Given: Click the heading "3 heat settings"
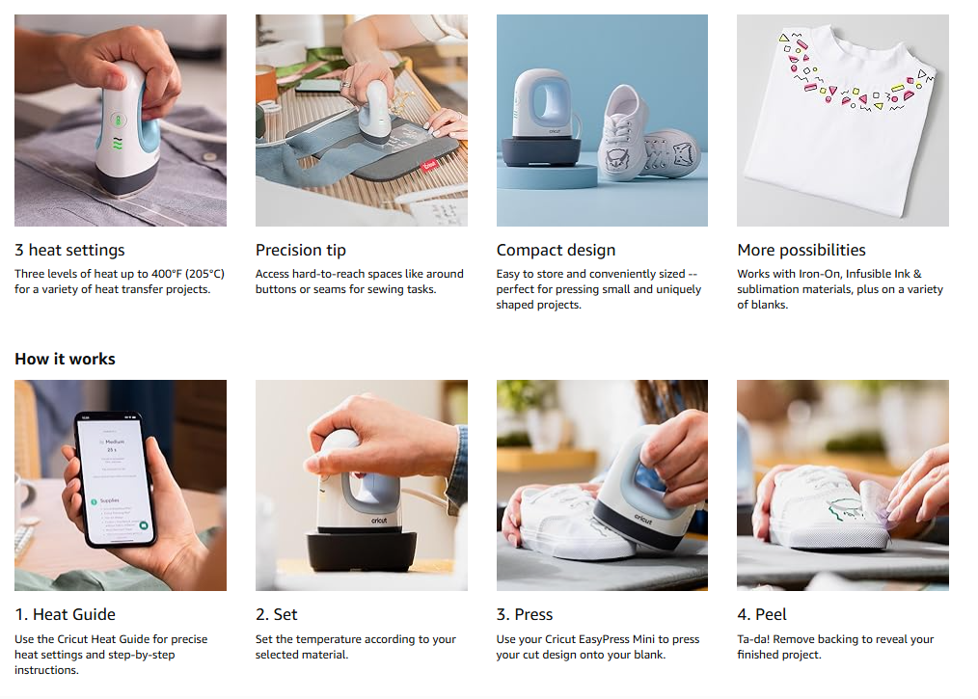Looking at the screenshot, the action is coord(69,250).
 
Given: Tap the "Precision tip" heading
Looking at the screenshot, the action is coord(301,250).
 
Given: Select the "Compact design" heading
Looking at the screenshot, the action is coord(556,250).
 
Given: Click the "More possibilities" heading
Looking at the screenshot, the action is coord(801,250).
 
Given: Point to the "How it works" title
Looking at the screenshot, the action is coord(66,359).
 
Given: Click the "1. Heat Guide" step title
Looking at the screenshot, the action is coord(66,614).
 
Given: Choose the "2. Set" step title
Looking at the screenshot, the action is coord(276,614).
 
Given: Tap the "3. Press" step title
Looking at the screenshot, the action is coord(525,614).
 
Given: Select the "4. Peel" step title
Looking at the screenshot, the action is coord(762,614).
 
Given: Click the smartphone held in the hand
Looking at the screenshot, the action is coord(116,479).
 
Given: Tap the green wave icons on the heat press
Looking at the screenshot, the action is coord(118,144).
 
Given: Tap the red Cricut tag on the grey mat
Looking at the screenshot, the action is coord(430,165).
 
